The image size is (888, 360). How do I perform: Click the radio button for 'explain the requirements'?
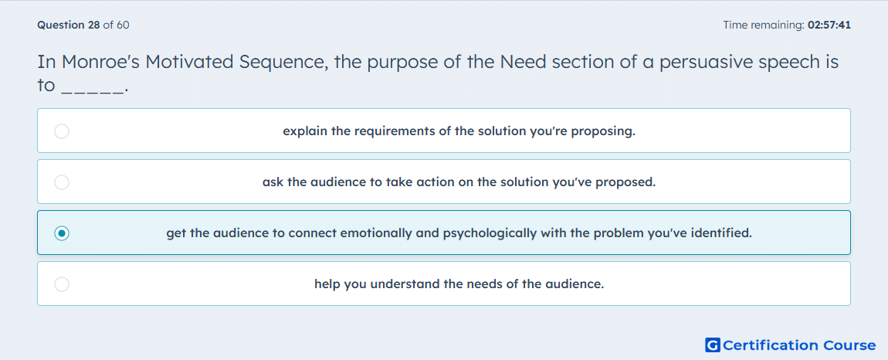[x=62, y=131]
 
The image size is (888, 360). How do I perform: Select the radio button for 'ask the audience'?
[x=62, y=182]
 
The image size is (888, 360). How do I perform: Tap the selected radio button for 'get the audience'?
[x=62, y=233]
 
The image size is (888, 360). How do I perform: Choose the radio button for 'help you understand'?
[x=62, y=284]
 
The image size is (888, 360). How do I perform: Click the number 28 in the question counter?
[x=94, y=25]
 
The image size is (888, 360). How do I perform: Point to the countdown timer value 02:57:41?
[x=829, y=25]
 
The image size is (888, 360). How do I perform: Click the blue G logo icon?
[x=713, y=345]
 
